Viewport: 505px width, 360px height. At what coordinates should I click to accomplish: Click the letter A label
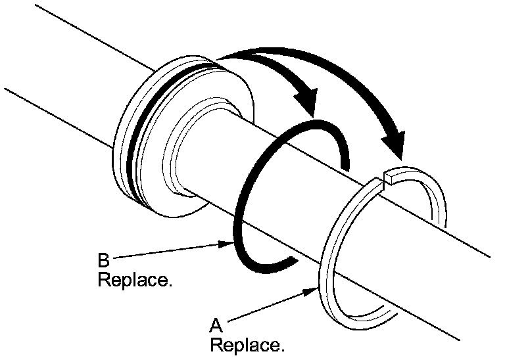(216, 325)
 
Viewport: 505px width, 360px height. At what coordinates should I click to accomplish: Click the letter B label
(104, 261)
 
